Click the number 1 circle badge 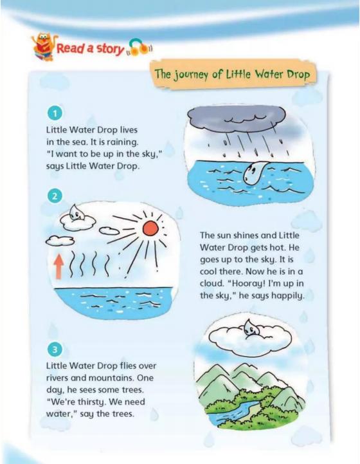(x=55, y=113)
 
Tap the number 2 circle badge (x=55, y=196)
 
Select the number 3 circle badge (x=55, y=349)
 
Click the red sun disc (x=150, y=228)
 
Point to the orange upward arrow (x=59, y=267)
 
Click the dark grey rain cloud (x=237, y=118)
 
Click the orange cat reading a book (x=44, y=47)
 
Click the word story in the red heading (x=110, y=49)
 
